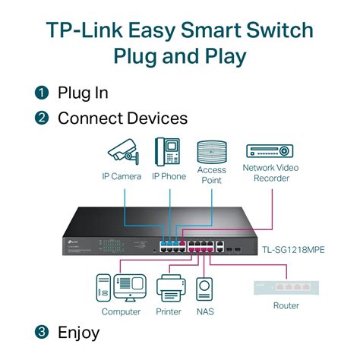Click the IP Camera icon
click(121, 153)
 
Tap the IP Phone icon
click(168, 153)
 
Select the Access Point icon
click(212, 151)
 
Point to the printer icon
click(171, 289)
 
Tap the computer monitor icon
click(128, 288)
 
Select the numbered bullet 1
click(42, 93)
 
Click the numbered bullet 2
click(42, 118)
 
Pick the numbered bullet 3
click(42, 333)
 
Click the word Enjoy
click(78, 333)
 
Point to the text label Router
click(286, 306)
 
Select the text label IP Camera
click(122, 176)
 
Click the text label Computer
click(122, 311)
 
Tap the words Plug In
click(83, 93)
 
